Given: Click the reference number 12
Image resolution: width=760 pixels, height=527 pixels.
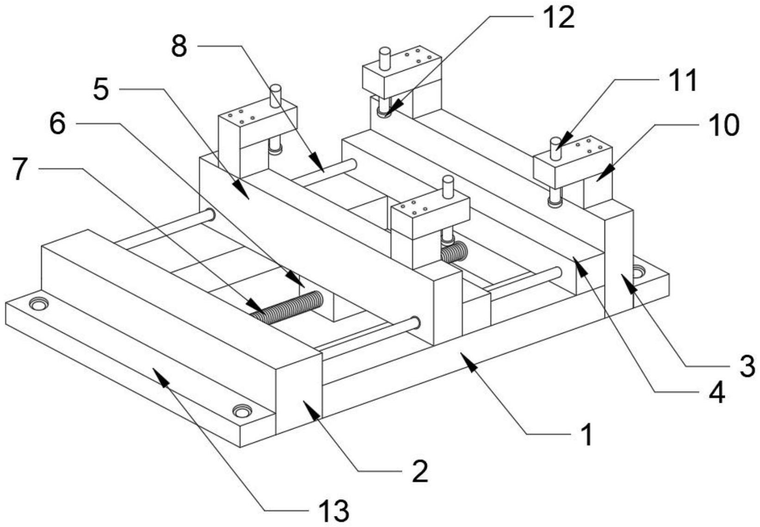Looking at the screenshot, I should click(x=558, y=17).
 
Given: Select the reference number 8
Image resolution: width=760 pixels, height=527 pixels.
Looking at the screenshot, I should click(x=179, y=46).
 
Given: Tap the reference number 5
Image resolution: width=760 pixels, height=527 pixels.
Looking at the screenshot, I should click(x=101, y=89).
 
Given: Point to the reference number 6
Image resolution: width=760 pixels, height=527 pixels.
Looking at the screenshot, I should click(x=57, y=124).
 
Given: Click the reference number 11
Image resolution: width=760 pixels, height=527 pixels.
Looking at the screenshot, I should click(x=683, y=80).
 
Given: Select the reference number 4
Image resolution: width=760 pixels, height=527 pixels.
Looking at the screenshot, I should click(x=716, y=393).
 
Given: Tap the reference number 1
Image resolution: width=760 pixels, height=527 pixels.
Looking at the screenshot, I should click(x=587, y=435).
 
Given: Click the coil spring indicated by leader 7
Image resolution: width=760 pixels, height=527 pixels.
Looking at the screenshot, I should click(x=287, y=306).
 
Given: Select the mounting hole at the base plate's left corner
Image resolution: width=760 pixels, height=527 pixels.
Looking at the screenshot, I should click(x=38, y=304).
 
